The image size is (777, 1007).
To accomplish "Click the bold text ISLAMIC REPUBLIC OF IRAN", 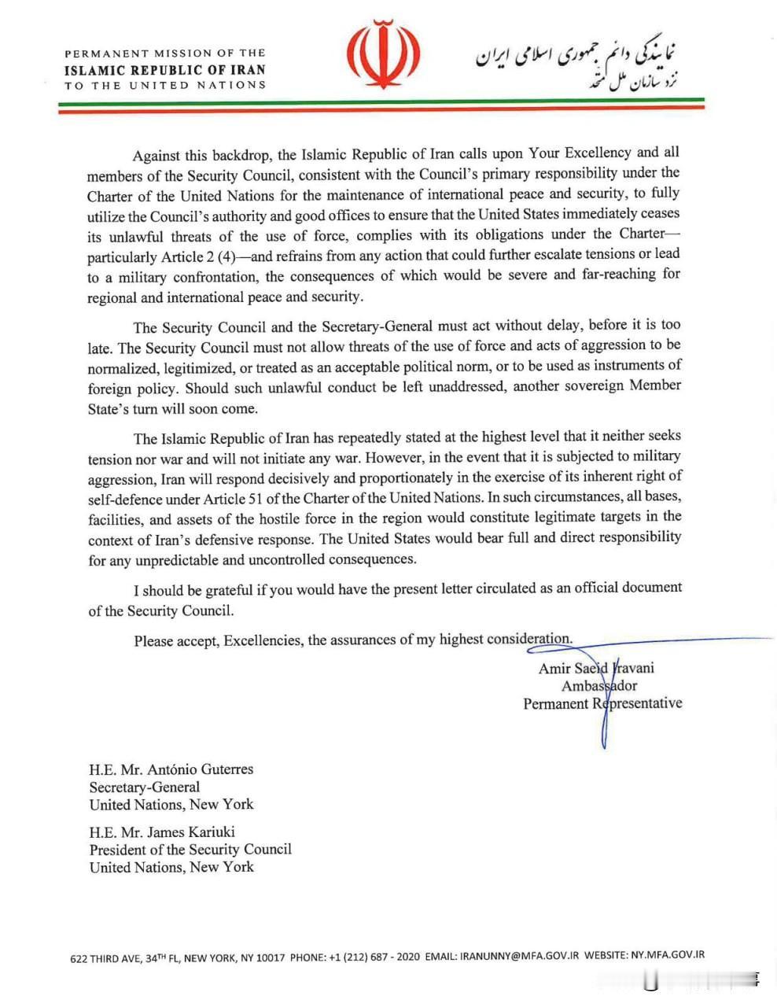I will coord(165,69).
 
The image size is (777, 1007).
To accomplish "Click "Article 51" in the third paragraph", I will coord(238,497).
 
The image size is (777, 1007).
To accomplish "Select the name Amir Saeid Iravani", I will coord(596,668).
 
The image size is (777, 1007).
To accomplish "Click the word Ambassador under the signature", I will coord(599,685).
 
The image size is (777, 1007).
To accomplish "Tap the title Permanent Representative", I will coord(602,703).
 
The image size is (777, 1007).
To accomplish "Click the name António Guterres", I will coord(201,769).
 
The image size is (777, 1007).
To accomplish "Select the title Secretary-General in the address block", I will coord(145,787).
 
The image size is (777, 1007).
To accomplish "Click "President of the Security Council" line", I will coord(190,850).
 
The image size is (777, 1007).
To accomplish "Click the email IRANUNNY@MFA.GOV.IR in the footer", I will coord(519,956).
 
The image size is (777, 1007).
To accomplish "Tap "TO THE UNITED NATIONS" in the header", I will coord(165,85).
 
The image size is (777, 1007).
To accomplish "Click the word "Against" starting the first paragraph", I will coord(157,155).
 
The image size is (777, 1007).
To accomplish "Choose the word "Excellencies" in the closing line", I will coord(263,640).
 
